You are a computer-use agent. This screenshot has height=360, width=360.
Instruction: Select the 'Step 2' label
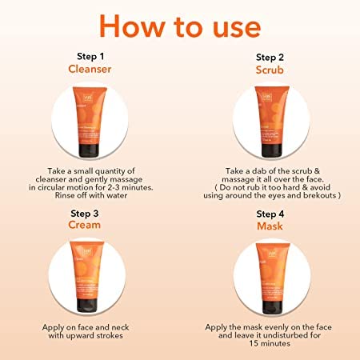(x=270, y=58)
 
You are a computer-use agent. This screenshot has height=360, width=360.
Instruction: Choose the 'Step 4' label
(x=270, y=214)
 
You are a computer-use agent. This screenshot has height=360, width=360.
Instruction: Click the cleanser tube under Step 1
(x=90, y=116)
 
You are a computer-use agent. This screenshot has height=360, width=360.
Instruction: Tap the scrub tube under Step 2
(x=270, y=116)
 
